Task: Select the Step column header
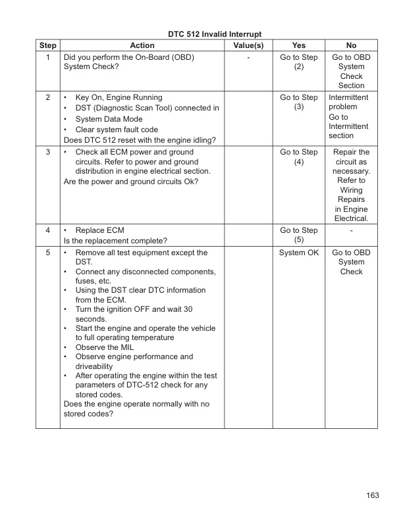tap(48, 45)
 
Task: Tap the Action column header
tap(142, 45)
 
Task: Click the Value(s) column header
tap(248, 45)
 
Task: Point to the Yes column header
tap(298, 45)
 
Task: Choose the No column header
tap(351, 45)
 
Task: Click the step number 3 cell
tap(48, 153)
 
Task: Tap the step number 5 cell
tap(48, 253)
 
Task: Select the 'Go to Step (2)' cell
tap(298, 62)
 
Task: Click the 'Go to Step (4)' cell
tap(298, 157)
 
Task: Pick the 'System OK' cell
tap(298, 253)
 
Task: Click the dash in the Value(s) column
tap(248, 58)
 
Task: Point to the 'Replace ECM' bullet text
tap(100, 231)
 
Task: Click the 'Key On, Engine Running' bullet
tap(119, 97)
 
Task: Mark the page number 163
tap(373, 495)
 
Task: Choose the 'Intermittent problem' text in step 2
tap(349, 102)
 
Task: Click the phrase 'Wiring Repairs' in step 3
tap(351, 195)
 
